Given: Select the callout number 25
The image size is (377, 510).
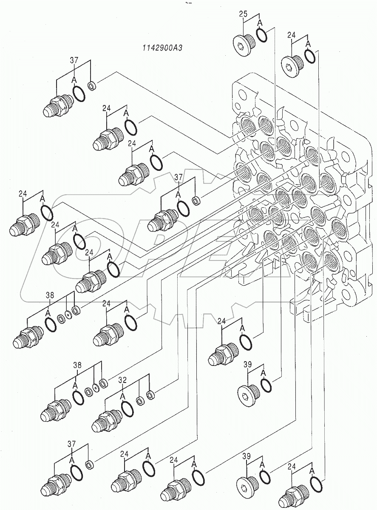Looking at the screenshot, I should coord(243,14).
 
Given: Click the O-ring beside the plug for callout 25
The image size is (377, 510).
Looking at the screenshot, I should coord(262,36).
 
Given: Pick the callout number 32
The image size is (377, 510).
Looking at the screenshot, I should coord(122,380).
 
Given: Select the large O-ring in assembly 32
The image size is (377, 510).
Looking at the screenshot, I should coord(127,409).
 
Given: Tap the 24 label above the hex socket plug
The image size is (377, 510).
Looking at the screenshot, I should coord(292,36).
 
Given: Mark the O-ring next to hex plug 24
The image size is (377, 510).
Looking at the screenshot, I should coord(310,57).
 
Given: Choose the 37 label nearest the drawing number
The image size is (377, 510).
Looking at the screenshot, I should coord(74,60).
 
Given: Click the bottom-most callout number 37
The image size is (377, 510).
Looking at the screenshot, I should coord(71,444).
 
